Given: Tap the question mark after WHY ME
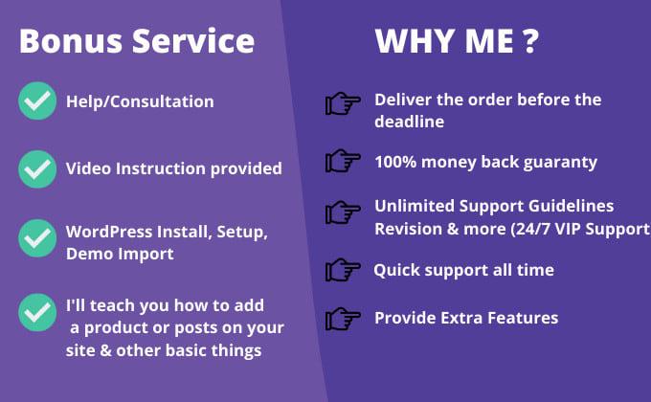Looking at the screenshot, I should click(528, 41).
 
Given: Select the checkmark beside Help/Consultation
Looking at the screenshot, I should click(37, 101).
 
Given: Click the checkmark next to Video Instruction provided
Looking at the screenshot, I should click(37, 169).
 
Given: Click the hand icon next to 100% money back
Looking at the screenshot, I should click(343, 160).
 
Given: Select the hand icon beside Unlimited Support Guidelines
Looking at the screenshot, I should click(343, 211).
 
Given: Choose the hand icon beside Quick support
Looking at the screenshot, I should click(343, 270).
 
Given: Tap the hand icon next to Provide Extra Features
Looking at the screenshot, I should click(343, 318).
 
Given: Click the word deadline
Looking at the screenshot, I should click(410, 122).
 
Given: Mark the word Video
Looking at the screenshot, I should click(88, 168).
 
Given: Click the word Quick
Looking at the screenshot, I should click(396, 270).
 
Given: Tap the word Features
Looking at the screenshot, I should click(521, 318).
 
